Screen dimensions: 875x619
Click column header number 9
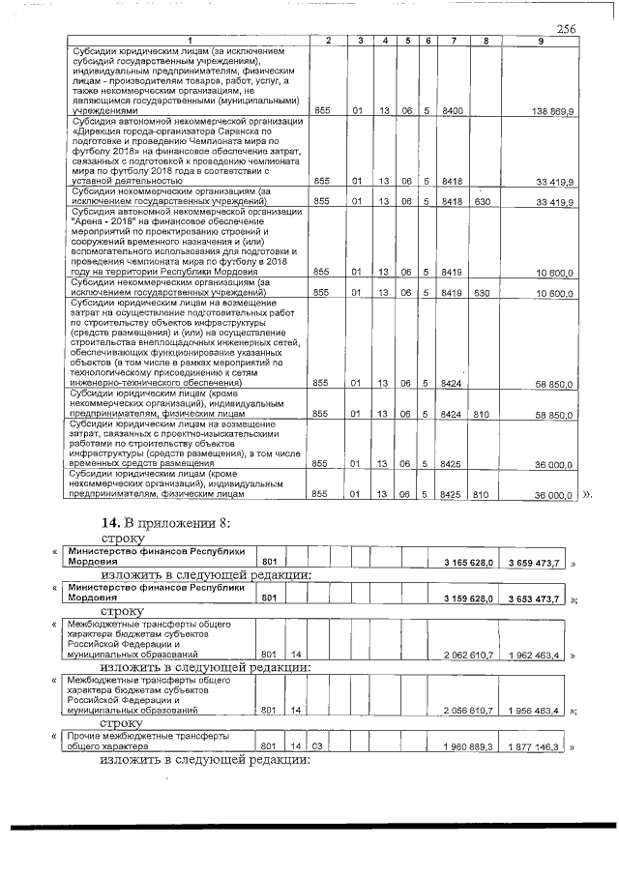coord(540,41)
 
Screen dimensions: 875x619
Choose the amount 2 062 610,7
coord(469,655)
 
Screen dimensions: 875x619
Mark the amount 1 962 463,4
coord(536,655)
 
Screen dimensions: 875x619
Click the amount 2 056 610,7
coord(469,711)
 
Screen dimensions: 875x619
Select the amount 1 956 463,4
coord(536,711)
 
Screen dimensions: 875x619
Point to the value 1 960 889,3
coord(469,747)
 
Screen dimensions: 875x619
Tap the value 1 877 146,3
coord(536,747)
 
